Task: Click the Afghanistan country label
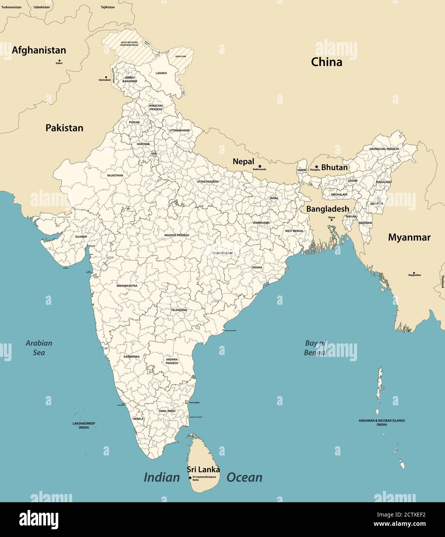(x=39, y=50)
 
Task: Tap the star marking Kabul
(x=59, y=60)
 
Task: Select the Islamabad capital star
(x=106, y=77)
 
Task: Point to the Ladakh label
(x=161, y=73)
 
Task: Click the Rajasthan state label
(x=115, y=175)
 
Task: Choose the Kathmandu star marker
(x=260, y=166)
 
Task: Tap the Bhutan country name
(x=334, y=168)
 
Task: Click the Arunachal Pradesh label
(x=384, y=149)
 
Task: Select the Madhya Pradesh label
(x=177, y=235)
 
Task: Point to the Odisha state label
(x=257, y=267)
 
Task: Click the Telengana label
(x=179, y=310)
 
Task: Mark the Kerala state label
(x=138, y=419)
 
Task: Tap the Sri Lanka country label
(x=203, y=470)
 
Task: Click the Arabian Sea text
(x=39, y=348)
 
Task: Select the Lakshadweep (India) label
(x=84, y=425)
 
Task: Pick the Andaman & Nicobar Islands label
(x=382, y=422)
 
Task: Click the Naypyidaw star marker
(x=414, y=273)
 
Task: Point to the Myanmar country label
(x=409, y=238)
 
